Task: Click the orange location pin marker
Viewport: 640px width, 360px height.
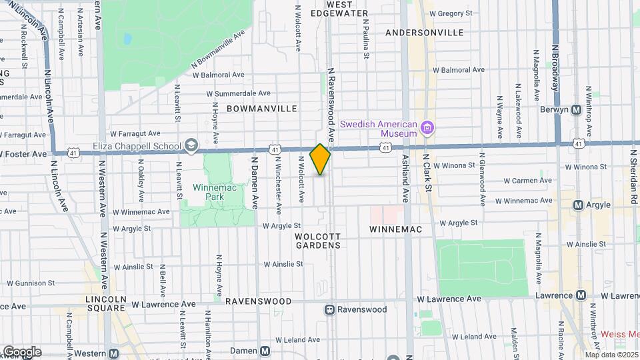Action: coord(320,159)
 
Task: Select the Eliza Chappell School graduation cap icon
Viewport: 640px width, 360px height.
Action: coord(191,147)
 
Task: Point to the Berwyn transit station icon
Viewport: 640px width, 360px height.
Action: coord(577,109)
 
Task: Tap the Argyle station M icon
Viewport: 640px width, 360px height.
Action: coord(579,205)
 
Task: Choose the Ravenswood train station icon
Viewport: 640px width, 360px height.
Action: coord(329,309)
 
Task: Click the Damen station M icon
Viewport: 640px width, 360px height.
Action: coord(265,351)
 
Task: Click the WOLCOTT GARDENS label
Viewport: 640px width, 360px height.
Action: coord(319,241)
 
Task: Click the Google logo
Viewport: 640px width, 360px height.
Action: coord(22,351)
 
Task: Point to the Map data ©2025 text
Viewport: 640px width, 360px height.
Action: coord(611,355)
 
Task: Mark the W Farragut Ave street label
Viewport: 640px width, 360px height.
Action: coord(135,133)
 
